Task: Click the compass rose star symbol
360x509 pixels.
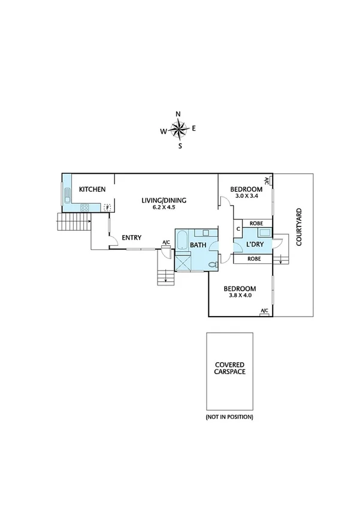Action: (178, 128)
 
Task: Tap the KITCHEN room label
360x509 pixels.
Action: (93, 189)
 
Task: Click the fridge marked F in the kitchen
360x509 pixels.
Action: (108, 208)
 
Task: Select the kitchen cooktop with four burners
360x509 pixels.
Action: (85, 208)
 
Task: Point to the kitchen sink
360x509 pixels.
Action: (66, 195)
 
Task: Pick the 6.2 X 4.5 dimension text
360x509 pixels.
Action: (164, 207)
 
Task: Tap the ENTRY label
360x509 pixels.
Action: (131, 238)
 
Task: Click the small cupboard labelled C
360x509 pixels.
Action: (238, 228)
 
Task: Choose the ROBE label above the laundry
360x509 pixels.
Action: (256, 223)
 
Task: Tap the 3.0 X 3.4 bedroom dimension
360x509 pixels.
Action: (246, 196)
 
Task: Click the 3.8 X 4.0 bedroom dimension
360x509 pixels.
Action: (240, 294)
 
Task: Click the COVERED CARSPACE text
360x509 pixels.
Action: (230, 368)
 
